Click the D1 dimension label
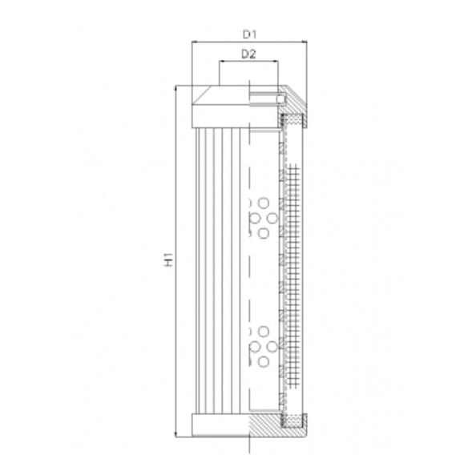pyautogui.click(x=248, y=34)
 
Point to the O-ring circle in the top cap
pyautogui.click(x=281, y=99)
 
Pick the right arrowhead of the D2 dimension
pyautogui.click(x=276, y=62)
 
